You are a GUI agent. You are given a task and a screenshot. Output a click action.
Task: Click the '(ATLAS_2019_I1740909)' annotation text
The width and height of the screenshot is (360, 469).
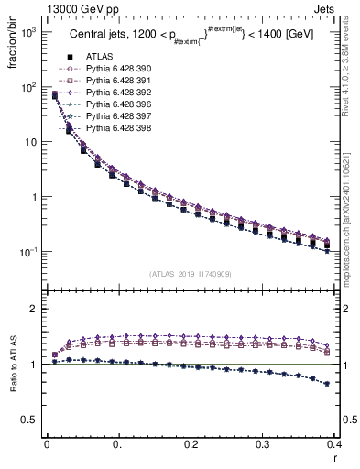coord(191,274)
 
